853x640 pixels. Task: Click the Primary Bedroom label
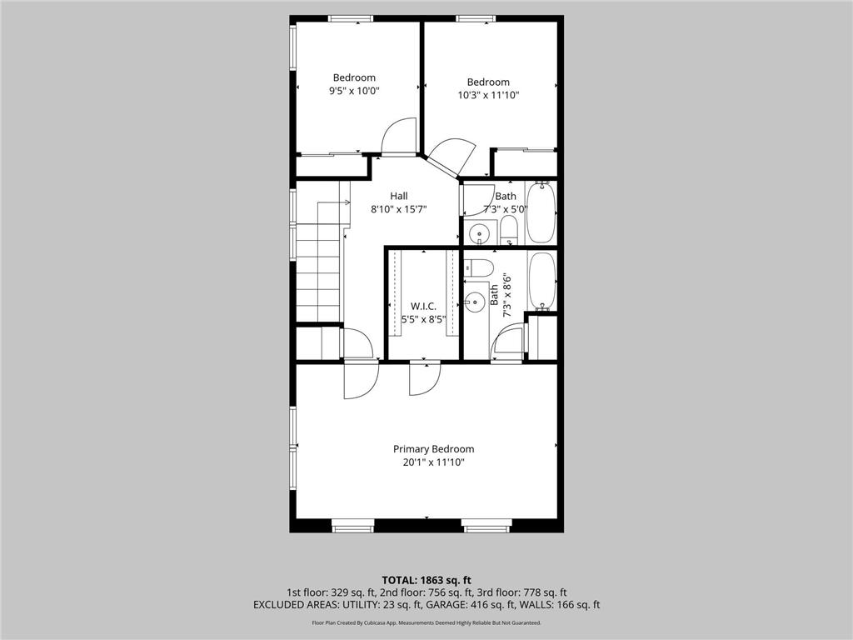433,448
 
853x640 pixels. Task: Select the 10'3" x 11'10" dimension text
487,95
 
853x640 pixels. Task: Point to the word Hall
399,196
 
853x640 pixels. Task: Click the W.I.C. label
423,306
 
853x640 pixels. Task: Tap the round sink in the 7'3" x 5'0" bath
479,232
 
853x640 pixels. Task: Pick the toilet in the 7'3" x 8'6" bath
478,267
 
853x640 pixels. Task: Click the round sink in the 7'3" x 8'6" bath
476,301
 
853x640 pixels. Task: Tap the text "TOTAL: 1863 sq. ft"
426,579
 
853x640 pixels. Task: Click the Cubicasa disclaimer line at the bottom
426,622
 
